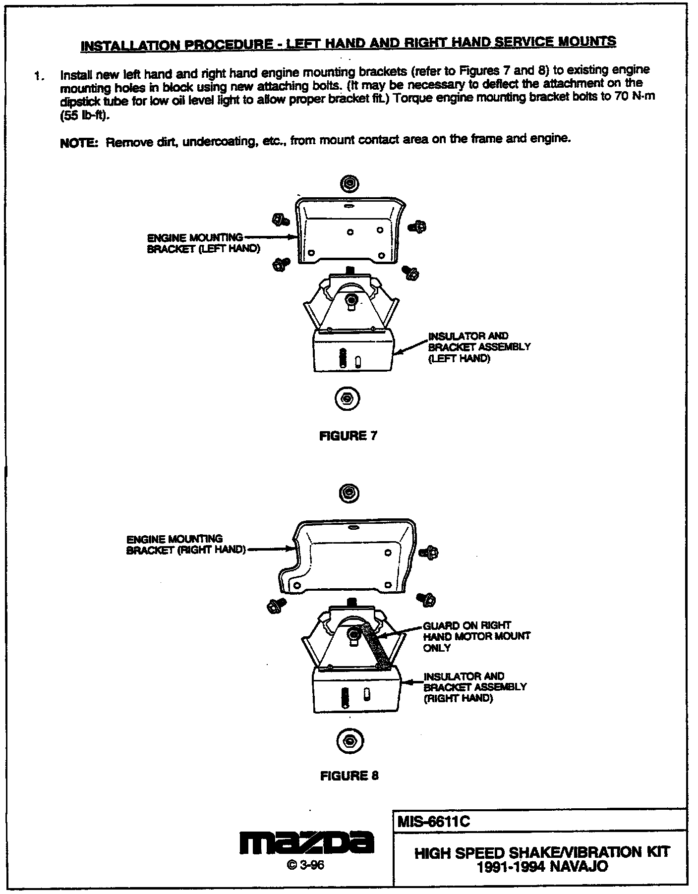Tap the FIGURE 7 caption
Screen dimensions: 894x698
point(349,436)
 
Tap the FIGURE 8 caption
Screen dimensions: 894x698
point(349,776)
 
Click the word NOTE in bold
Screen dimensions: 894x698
point(78,144)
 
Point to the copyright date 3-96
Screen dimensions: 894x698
point(305,865)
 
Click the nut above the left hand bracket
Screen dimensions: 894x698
point(349,184)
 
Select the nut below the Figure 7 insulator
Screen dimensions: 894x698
point(348,398)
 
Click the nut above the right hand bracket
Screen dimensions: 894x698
point(349,493)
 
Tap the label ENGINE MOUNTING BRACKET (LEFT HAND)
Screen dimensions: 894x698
point(203,243)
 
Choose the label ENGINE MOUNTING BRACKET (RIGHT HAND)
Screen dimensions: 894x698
point(185,544)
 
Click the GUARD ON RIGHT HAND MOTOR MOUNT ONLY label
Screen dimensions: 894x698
point(476,636)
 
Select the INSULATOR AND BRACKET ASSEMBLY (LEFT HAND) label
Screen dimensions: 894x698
point(479,347)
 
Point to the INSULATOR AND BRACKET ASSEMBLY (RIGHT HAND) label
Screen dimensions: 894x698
point(475,687)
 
